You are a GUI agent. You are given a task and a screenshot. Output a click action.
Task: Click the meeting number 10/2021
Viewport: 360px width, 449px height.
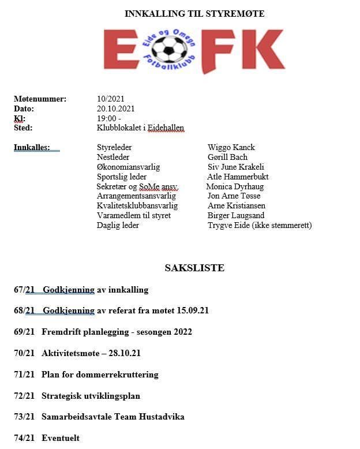click(x=111, y=99)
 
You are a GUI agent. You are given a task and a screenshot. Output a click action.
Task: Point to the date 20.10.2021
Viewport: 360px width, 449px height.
click(x=116, y=108)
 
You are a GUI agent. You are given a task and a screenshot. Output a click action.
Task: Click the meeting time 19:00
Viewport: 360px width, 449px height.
click(x=107, y=118)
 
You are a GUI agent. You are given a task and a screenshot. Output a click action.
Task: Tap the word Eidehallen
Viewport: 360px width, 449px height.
click(x=166, y=128)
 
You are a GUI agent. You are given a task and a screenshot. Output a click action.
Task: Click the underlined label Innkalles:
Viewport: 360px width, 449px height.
click(x=32, y=148)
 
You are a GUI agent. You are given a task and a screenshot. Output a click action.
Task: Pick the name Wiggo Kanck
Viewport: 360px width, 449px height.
click(x=231, y=148)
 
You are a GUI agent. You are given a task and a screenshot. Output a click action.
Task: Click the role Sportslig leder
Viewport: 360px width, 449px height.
click(x=122, y=177)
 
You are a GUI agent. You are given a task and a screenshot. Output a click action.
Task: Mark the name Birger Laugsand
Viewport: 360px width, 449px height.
click(x=236, y=216)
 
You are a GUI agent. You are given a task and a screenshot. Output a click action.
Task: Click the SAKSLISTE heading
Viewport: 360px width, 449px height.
click(x=194, y=268)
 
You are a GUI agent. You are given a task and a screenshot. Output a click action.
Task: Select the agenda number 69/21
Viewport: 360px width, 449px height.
click(x=24, y=332)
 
